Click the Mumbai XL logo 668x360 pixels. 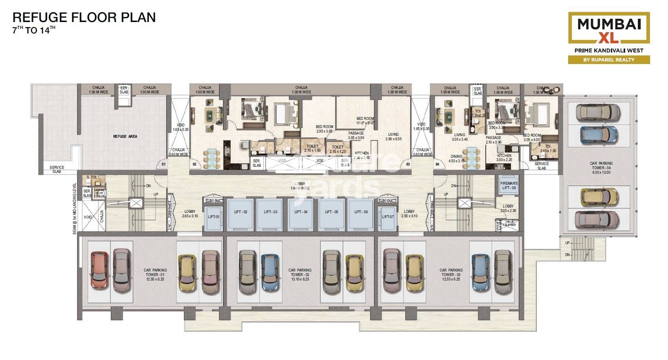tap(609, 28)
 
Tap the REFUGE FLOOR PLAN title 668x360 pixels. tap(84, 18)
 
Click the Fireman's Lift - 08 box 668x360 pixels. tap(509, 186)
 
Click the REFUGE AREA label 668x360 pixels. tap(125, 136)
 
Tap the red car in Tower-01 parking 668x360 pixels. tap(99, 270)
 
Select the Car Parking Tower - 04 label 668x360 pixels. tap(601, 168)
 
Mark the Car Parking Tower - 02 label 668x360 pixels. tap(300, 274)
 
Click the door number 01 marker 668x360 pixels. tap(163, 164)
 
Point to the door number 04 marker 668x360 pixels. tap(437, 164)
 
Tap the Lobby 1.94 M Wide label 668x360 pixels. tap(300, 186)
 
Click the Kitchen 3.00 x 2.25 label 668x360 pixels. tap(504, 158)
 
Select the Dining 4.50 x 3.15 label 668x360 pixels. tap(456, 159)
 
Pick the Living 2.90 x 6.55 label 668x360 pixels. tap(393, 137)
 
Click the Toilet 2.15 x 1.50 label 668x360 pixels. tap(313, 148)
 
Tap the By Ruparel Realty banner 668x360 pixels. tap(609, 60)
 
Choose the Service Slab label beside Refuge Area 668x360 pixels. tap(57, 169)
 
